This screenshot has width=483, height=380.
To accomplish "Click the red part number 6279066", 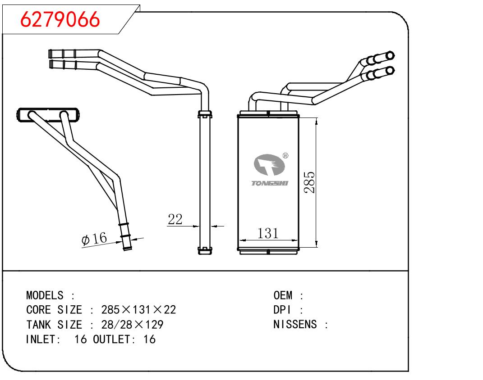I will (x=61, y=19).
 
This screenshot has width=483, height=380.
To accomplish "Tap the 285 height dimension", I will (x=309, y=182).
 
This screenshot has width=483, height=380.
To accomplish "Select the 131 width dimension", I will (x=268, y=233).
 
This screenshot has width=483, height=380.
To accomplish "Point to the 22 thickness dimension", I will (x=175, y=220).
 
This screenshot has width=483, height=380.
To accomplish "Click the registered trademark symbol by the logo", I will (x=285, y=156).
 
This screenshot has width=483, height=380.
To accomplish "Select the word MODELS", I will (x=45, y=296).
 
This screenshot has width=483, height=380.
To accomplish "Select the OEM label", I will (x=283, y=296).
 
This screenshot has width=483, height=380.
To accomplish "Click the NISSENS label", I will (x=295, y=325).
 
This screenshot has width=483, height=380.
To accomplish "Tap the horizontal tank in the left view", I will (x=49, y=115).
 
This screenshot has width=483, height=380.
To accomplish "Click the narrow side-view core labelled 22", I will (x=205, y=180).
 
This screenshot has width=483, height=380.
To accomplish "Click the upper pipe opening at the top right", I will (x=391, y=55).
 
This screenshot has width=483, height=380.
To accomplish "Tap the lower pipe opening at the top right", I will (x=391, y=70).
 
